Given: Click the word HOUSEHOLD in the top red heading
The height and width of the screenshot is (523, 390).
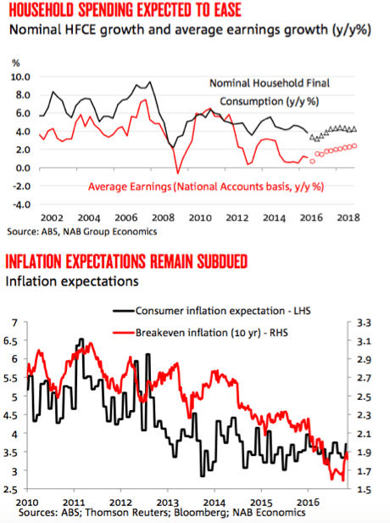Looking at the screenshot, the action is click(x=42, y=10).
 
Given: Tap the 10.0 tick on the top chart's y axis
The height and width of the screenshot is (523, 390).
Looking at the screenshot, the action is click(x=20, y=77).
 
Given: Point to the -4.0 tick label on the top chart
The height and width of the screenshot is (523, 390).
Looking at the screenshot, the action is click(x=21, y=205).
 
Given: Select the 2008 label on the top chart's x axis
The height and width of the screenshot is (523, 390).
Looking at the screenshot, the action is click(x=163, y=218).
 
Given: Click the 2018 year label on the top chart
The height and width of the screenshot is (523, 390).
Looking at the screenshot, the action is click(x=348, y=218).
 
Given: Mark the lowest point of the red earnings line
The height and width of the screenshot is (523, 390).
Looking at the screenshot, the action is click(x=177, y=173).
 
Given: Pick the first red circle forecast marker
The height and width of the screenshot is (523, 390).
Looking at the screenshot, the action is click(x=312, y=161).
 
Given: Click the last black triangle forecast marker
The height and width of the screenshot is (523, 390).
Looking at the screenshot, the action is click(x=354, y=129).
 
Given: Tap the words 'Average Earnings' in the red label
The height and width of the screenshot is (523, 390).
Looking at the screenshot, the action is click(x=129, y=187).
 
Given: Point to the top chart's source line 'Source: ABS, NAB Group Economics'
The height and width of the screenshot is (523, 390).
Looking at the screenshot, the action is click(x=82, y=232).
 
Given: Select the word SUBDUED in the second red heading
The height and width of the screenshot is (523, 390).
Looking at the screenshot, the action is click(x=222, y=261).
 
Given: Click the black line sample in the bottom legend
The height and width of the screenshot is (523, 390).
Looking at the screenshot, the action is click(x=124, y=311).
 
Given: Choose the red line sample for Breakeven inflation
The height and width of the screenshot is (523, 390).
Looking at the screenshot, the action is click(x=124, y=333).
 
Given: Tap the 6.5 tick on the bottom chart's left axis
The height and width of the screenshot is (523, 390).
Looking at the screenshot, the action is click(x=11, y=341).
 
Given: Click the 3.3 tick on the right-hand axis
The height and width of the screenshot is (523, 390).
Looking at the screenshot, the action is click(x=364, y=323).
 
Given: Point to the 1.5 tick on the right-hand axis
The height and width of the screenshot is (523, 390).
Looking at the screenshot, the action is click(x=364, y=490).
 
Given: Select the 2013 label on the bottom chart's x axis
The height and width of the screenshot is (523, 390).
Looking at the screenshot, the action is click(x=168, y=503).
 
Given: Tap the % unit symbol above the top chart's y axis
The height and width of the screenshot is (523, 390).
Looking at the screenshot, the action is click(x=16, y=63).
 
